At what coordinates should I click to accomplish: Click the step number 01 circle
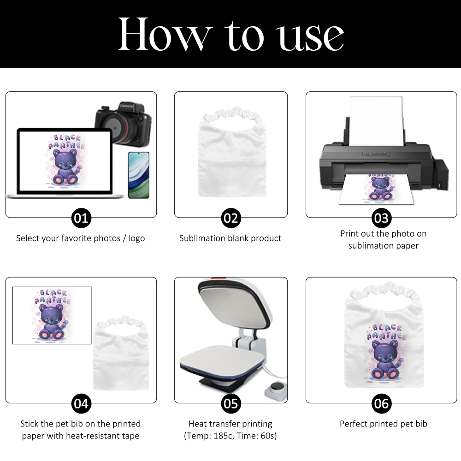tap(81, 218)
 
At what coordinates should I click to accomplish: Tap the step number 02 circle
tap(230, 218)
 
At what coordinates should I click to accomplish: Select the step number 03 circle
tap(381, 218)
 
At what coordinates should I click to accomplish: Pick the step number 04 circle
tap(81, 404)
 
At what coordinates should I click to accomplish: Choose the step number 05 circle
tap(230, 404)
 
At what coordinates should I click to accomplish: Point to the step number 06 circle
tap(381, 404)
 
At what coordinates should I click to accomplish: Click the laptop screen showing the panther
tap(65, 161)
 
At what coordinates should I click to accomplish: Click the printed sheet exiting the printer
tap(373, 189)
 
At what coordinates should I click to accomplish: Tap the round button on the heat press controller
tap(275, 387)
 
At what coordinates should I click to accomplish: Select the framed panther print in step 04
tap(52, 315)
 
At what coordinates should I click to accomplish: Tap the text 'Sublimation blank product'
tap(230, 238)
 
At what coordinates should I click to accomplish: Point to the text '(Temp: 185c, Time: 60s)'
tap(230, 436)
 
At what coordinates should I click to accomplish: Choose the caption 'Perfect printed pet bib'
tap(383, 424)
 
